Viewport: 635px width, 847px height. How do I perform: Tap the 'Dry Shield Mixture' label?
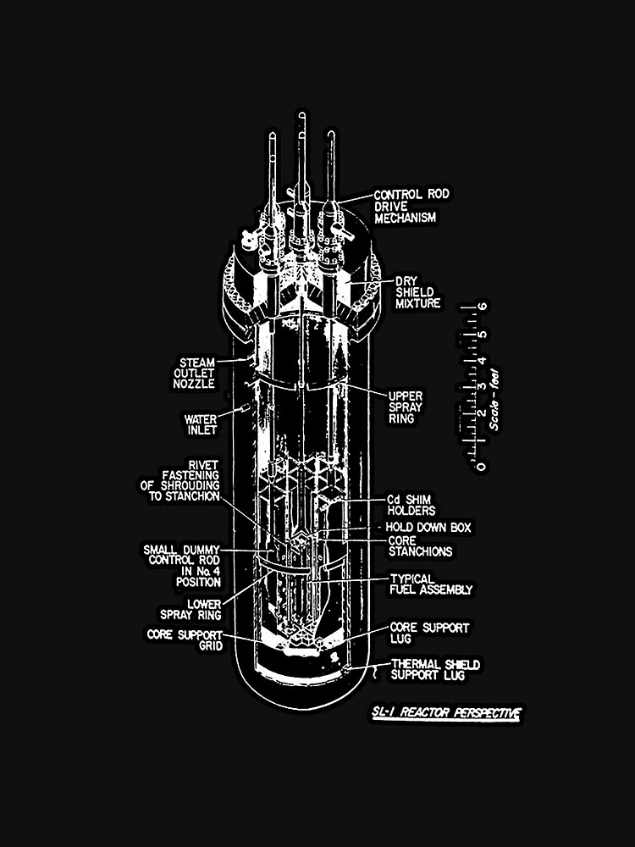pyautogui.click(x=417, y=292)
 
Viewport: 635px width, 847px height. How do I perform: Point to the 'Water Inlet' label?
pyautogui.click(x=201, y=423)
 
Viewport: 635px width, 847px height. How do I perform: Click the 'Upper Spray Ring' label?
pyautogui.click(x=406, y=407)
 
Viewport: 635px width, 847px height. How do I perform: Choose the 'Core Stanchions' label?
pyautogui.click(x=420, y=545)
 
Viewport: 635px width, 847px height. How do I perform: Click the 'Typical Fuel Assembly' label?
pyautogui.click(x=430, y=584)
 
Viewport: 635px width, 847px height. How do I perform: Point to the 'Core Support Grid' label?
pyautogui.click(x=184, y=639)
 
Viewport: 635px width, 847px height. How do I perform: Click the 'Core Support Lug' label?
pyautogui.click(x=428, y=634)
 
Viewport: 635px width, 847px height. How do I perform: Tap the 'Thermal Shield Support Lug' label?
pyautogui.click(x=434, y=669)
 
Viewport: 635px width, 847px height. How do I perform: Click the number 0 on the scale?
pyautogui.click(x=481, y=466)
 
